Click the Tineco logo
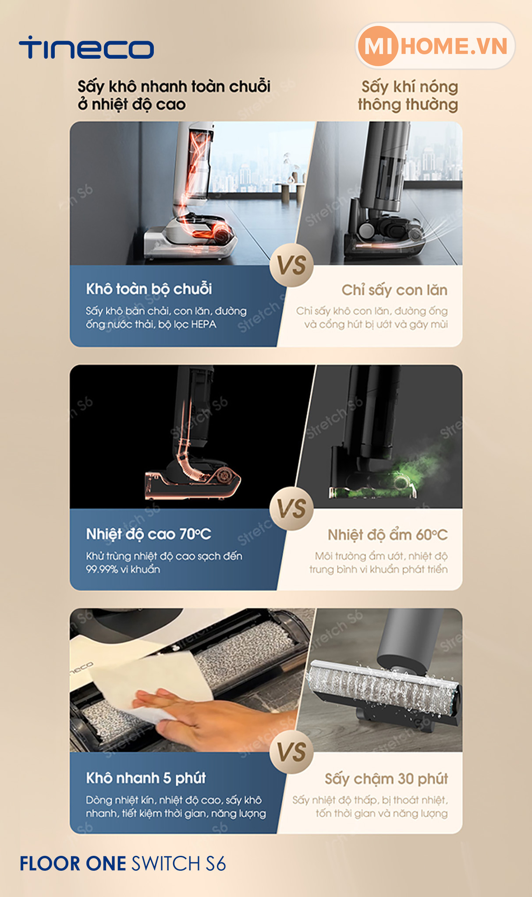click(x=86, y=48)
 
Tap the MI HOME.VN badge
click(x=435, y=46)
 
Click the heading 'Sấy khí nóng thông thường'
click(x=408, y=95)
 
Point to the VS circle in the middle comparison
click(x=292, y=509)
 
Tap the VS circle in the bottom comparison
click(x=292, y=752)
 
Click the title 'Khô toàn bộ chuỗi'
click(x=149, y=289)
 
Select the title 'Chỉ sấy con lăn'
click(x=394, y=290)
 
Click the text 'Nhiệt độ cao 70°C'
click(x=149, y=534)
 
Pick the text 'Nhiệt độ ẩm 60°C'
click(x=388, y=535)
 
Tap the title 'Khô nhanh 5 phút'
click(x=146, y=778)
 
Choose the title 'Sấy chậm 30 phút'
click(x=386, y=779)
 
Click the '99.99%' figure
click(x=102, y=569)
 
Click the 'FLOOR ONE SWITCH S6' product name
click(x=123, y=864)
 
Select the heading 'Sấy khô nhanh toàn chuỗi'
click(x=174, y=86)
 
